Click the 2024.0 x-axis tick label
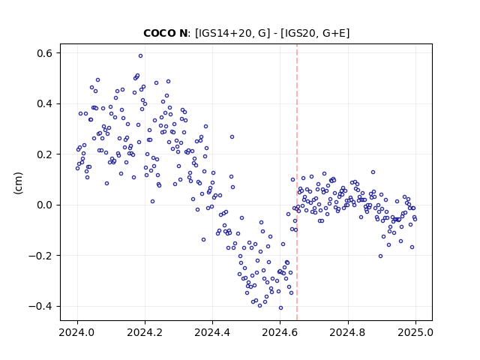click(77, 332)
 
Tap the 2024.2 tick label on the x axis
click(145, 332)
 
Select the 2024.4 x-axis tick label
click(212, 332)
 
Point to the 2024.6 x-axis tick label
click(280, 332)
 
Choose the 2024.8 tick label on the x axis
click(348, 332)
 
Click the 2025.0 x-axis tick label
click(415, 332)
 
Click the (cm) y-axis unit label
click(18, 183)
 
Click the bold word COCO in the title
click(157, 33)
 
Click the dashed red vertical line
click(297, 182)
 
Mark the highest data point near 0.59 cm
click(140, 56)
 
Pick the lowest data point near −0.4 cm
click(280, 308)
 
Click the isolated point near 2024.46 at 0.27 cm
click(232, 136)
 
